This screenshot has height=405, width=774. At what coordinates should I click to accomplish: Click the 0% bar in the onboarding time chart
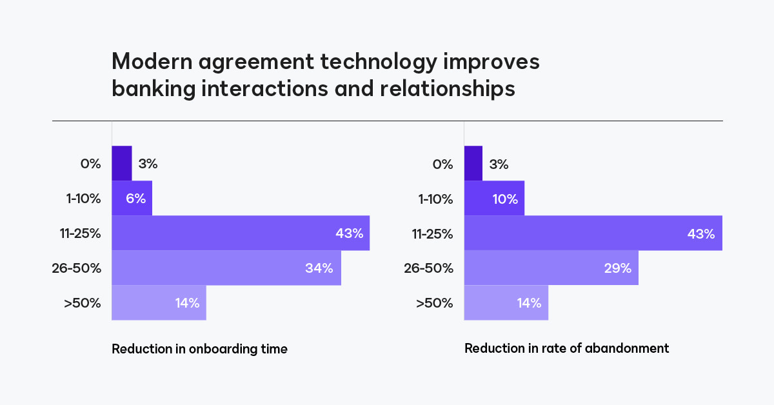122,163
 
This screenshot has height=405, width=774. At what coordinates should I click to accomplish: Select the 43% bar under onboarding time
240,233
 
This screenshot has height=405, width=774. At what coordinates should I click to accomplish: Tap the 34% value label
319,268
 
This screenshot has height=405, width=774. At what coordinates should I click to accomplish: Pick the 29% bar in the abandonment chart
551,268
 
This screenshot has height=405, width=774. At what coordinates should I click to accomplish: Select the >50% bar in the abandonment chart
506,302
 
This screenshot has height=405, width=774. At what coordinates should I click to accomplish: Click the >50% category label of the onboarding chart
83,302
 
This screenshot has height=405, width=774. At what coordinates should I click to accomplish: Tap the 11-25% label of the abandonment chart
433,233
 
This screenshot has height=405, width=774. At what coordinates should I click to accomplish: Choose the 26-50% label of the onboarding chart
77,268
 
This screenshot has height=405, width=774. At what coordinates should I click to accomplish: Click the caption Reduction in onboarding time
199,349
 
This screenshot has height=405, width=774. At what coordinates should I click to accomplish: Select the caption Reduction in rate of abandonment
566,348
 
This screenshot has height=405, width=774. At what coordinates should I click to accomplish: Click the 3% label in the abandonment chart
499,164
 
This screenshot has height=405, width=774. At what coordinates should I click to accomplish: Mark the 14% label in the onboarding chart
187,302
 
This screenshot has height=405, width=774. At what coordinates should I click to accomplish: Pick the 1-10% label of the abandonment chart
436,199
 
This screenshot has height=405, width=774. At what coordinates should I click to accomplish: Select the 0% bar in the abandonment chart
473,163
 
